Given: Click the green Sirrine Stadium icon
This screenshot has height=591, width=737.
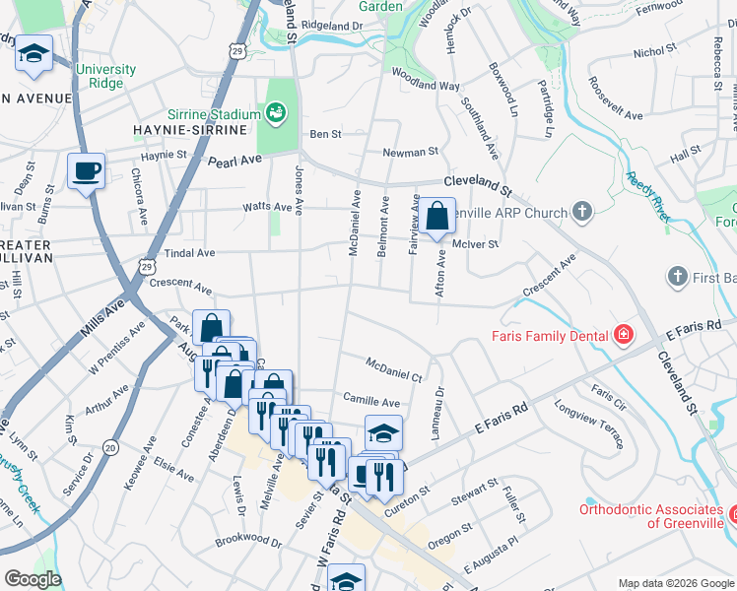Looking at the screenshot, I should (x=275, y=113).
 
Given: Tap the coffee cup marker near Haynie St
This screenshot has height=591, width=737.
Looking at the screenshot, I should (x=86, y=171).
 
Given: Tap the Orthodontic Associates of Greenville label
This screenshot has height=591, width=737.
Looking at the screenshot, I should (x=650, y=516).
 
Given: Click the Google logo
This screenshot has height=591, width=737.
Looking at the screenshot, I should (x=33, y=579).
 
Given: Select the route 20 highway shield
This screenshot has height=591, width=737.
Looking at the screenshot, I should (x=110, y=447).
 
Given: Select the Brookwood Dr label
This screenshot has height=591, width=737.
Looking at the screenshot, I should (x=248, y=539).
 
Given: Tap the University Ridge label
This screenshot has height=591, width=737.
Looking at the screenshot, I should (x=105, y=76).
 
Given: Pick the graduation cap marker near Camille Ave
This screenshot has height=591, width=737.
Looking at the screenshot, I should (x=383, y=431).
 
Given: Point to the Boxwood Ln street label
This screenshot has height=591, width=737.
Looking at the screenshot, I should (x=502, y=91).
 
